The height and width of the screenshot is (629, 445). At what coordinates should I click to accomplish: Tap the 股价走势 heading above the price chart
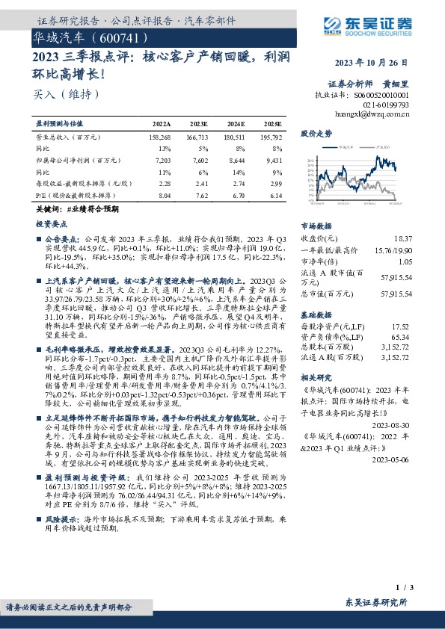(x=316, y=134)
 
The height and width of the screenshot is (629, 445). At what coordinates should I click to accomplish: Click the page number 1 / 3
(x=405, y=590)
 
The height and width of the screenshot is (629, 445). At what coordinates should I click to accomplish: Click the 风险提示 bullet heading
(x=61, y=517)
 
